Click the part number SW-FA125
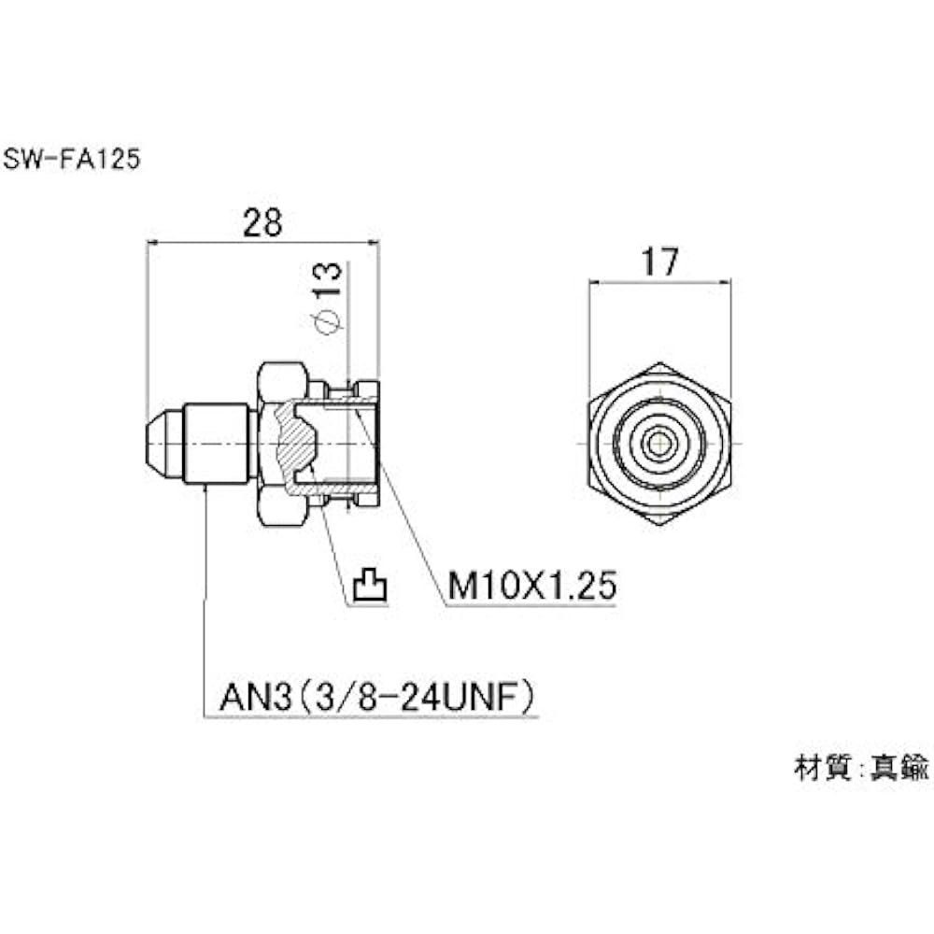[72, 159]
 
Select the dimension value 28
[262, 223]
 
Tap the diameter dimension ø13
[329, 298]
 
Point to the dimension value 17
[659, 262]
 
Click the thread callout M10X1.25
[532, 586]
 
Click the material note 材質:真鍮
[861, 768]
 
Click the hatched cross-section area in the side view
[296, 444]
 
